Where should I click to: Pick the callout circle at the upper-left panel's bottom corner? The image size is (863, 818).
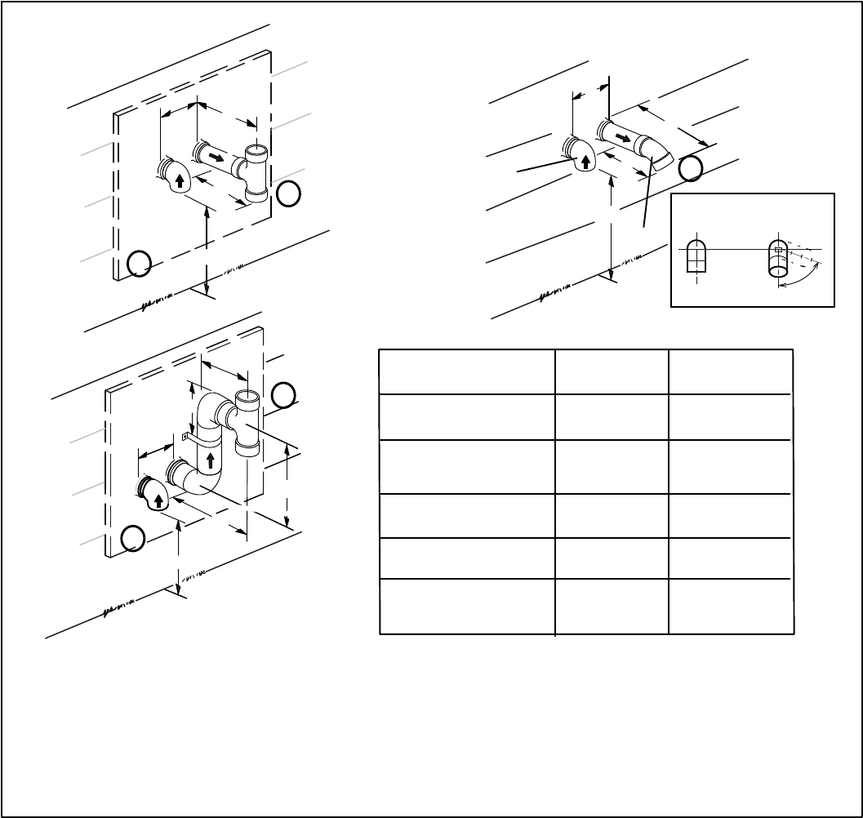pyautogui.click(x=140, y=263)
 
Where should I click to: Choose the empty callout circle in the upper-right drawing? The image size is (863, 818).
pyautogui.click(x=691, y=168)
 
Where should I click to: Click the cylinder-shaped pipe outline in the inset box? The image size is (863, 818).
pyautogui.click(x=779, y=259)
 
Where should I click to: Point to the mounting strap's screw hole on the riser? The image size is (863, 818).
pyautogui.click(x=185, y=436)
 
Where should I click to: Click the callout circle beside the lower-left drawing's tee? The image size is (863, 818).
pyautogui.click(x=283, y=395)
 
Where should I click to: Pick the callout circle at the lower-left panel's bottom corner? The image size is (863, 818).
pyautogui.click(x=133, y=538)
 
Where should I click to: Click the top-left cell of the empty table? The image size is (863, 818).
pyautogui.click(x=467, y=371)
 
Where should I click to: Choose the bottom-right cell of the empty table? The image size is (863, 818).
pyautogui.click(x=731, y=606)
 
